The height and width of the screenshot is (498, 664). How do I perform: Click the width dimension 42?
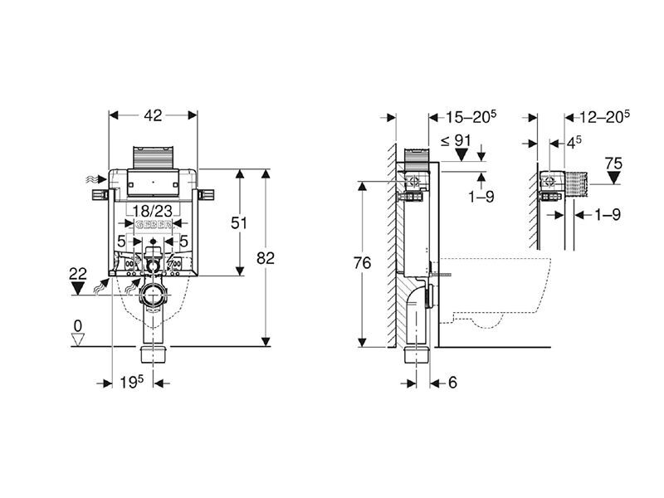tap(153, 117)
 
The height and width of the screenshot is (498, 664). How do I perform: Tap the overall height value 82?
tap(266, 258)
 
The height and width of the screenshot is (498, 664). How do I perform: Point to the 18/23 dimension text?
tap(152, 212)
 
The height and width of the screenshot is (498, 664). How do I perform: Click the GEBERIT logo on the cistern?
tap(153, 227)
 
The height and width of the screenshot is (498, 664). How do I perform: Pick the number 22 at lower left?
tap(78, 272)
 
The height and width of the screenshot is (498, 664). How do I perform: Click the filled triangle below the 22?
tap(78, 287)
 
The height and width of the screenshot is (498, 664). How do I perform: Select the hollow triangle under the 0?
tap(78, 339)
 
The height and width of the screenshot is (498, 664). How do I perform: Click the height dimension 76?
tap(361, 264)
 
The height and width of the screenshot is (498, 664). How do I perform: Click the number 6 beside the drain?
tap(453, 383)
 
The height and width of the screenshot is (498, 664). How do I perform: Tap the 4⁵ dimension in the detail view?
tap(572, 143)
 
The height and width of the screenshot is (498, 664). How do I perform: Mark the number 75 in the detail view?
tap(613, 164)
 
